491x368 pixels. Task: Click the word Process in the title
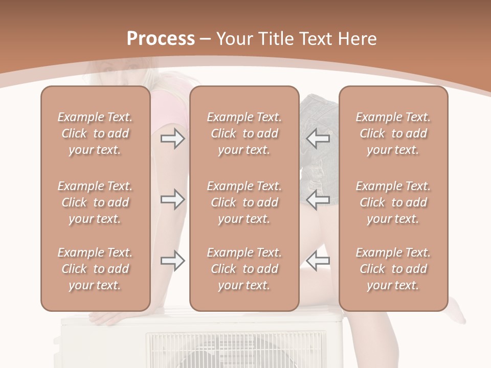point(161,38)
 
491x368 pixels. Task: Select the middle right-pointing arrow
point(173,199)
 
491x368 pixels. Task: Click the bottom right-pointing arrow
point(173,261)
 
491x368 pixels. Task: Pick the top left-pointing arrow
point(318,138)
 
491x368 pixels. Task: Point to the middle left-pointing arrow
point(318,199)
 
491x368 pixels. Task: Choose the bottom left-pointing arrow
point(318,261)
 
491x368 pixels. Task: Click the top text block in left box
point(95,133)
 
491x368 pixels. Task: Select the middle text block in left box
point(95,202)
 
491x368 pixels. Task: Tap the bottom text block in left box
point(95,269)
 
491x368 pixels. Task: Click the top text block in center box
point(244,133)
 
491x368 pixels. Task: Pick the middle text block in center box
point(244,202)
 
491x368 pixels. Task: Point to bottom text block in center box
point(244,269)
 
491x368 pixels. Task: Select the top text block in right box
point(393,133)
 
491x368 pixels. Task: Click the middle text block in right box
point(393,202)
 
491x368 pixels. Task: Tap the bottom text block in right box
point(393,269)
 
